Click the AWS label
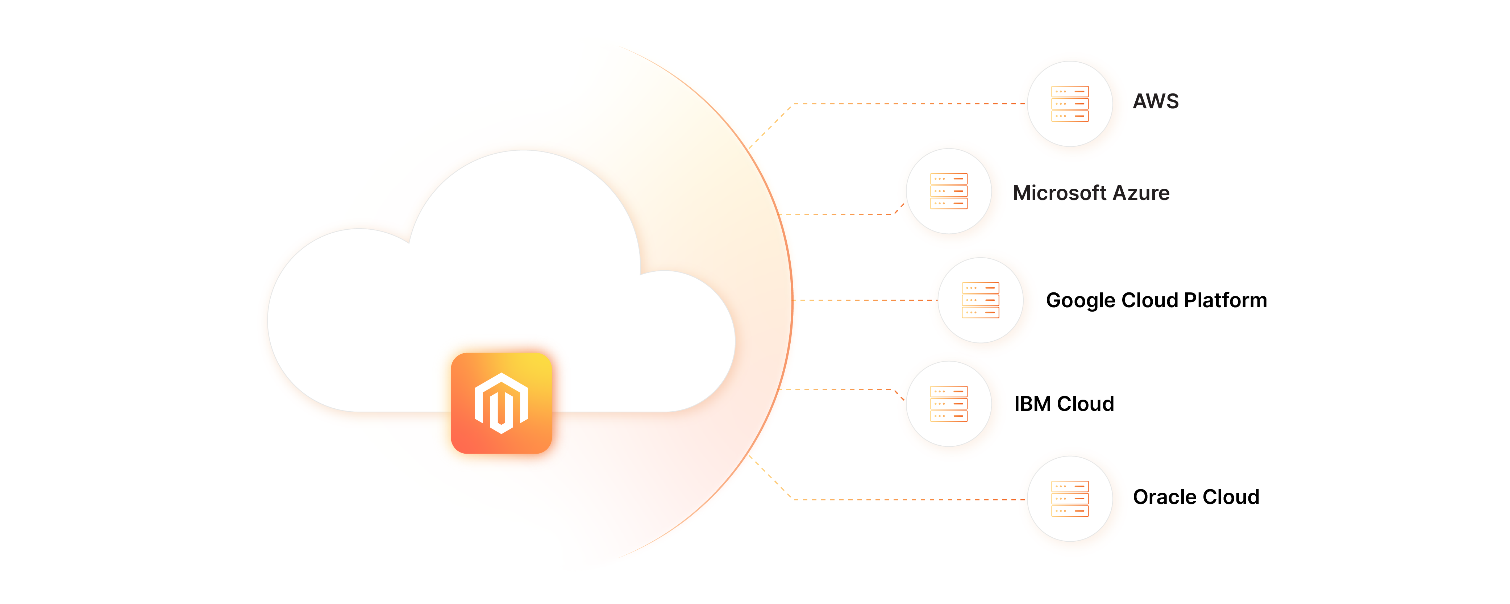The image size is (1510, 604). tap(1155, 101)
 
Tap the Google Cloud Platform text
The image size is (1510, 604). tap(1156, 300)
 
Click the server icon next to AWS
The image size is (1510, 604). tap(1069, 104)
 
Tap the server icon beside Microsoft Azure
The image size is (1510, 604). tap(948, 191)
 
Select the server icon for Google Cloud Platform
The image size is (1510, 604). tap(980, 300)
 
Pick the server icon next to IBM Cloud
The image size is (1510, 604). tap(948, 404)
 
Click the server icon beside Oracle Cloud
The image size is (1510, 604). tap(1069, 499)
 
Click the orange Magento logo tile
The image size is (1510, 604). tap(501, 403)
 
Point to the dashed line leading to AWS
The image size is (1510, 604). tap(908, 104)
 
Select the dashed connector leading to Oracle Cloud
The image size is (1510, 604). tap(908, 500)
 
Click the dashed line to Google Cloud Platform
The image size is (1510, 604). tap(865, 300)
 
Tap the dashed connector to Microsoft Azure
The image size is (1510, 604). tap(838, 214)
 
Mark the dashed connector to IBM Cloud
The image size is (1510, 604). tap(838, 389)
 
